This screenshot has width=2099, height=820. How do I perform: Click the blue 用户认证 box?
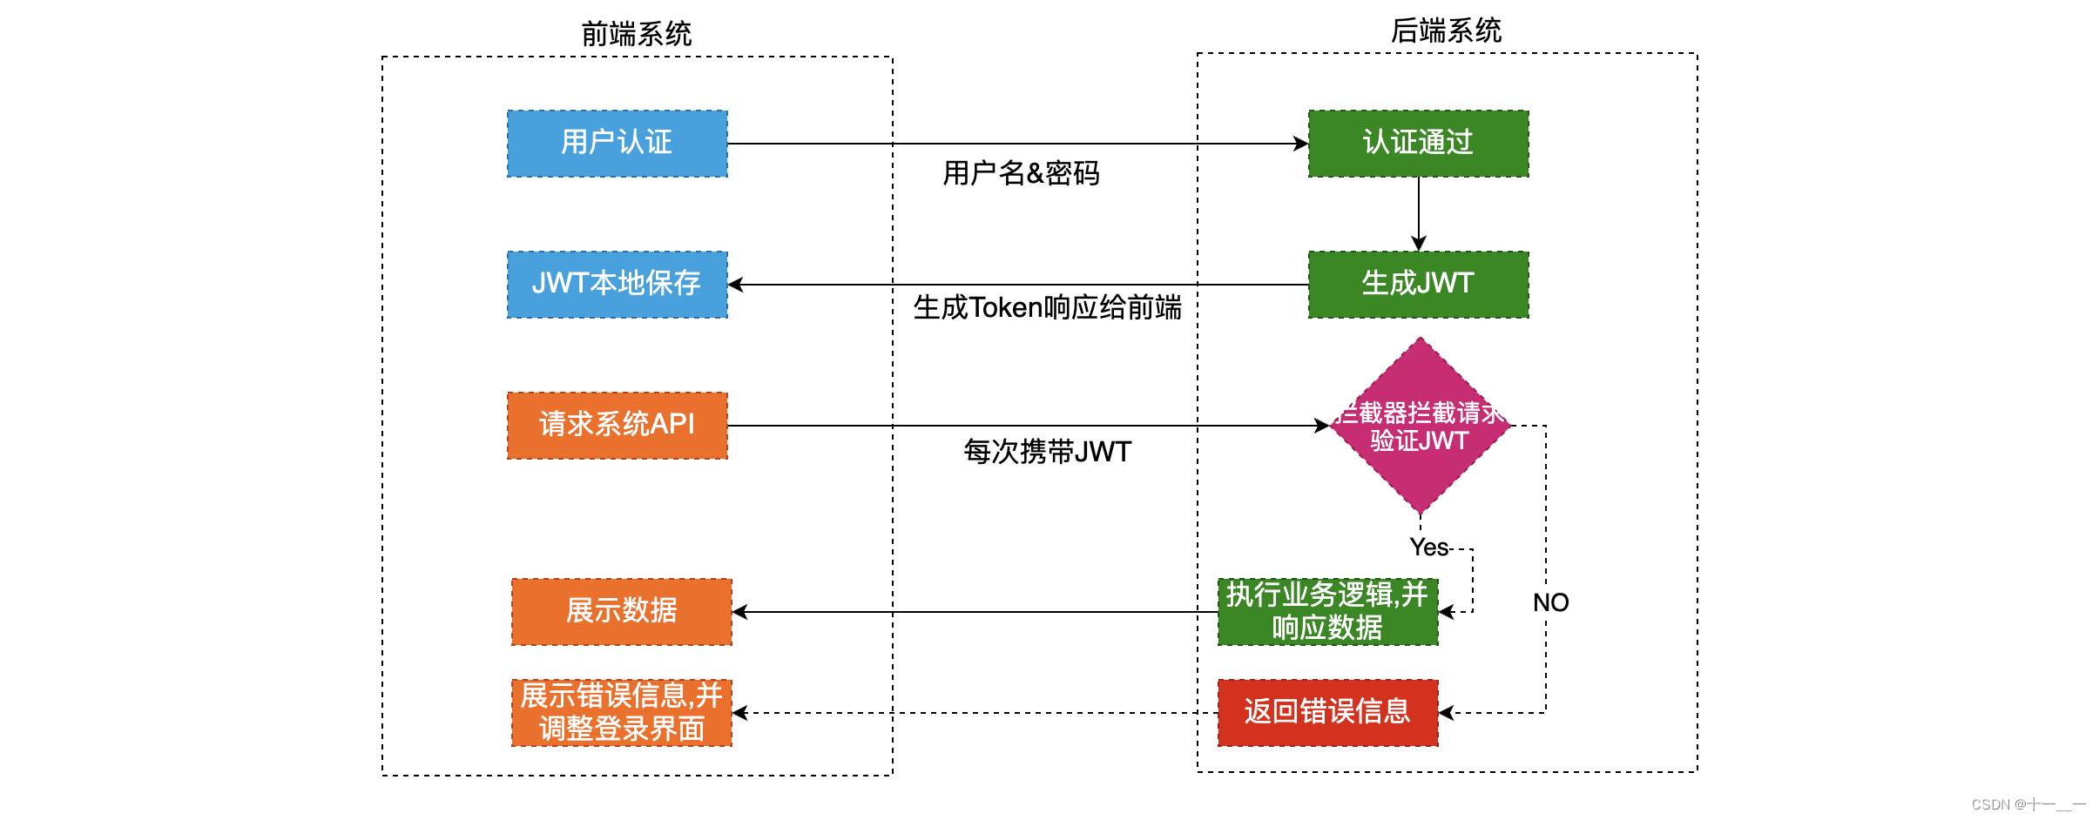click(617, 144)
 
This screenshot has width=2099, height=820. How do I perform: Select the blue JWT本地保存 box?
click(617, 285)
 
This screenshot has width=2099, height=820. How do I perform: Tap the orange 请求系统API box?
click(617, 426)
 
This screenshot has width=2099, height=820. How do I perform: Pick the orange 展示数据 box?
click(621, 612)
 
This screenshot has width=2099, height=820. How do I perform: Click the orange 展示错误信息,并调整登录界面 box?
click(621, 713)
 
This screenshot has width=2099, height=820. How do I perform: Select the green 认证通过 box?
click(1418, 144)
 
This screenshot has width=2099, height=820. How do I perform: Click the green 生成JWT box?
click(1418, 285)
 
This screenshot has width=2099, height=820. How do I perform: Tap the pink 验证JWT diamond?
click(1420, 427)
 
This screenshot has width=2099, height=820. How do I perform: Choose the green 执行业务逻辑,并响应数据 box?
click(1327, 612)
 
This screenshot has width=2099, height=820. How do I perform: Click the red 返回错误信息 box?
click(1327, 713)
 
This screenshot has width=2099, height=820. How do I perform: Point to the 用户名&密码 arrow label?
click(1021, 173)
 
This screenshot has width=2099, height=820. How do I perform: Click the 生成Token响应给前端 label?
click(1047, 307)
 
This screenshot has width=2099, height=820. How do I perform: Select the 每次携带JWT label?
click(1047, 452)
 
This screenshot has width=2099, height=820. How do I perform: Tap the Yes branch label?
click(1428, 548)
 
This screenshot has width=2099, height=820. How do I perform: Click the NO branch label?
click(1550, 602)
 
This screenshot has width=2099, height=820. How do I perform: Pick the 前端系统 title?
click(636, 34)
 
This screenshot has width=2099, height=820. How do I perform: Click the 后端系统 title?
click(1446, 30)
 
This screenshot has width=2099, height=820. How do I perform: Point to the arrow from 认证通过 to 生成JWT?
click(1419, 214)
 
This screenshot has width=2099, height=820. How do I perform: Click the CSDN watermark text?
click(2028, 805)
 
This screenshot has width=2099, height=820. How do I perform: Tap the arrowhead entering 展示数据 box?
click(739, 612)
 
